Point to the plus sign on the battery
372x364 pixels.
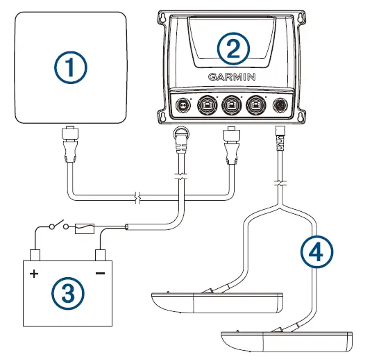coord(33,274)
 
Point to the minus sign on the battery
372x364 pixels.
coord(100,273)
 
